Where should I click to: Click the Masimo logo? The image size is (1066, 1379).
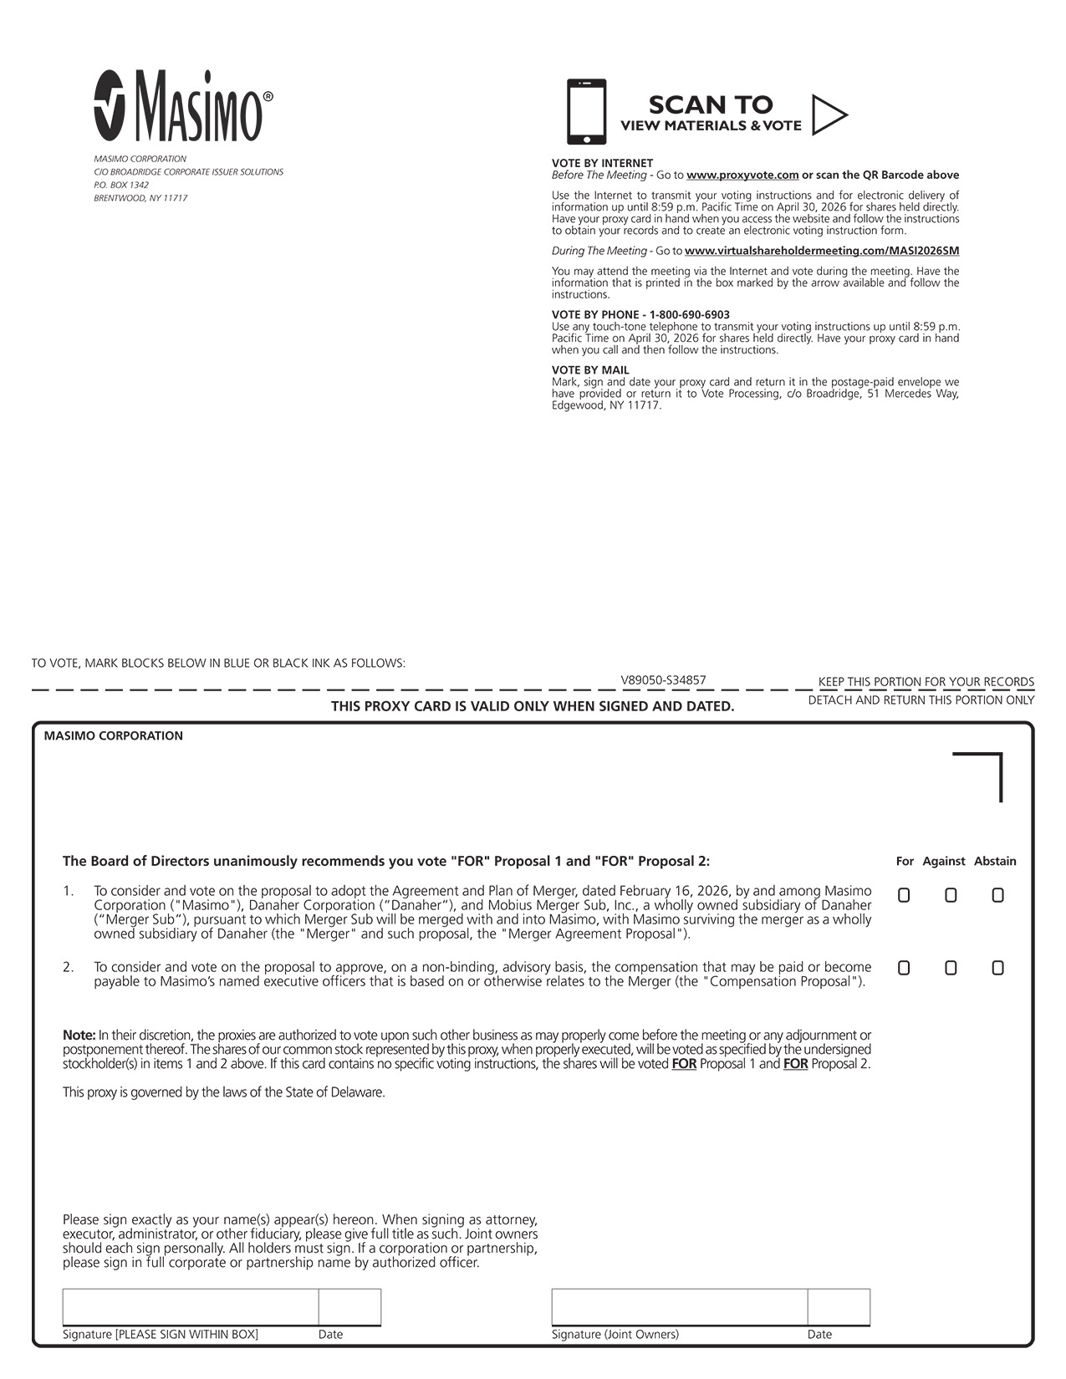coord(182,105)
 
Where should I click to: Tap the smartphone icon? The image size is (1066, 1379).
coord(586,112)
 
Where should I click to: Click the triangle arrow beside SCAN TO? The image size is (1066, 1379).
coord(829,114)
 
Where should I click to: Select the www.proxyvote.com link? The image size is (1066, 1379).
coord(742,176)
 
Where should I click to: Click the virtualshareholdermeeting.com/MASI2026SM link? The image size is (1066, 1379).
coord(822,251)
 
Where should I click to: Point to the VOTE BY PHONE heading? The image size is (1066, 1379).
coord(640,315)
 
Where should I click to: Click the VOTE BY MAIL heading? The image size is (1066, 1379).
coord(590,370)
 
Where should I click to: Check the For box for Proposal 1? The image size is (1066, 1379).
coord(904,895)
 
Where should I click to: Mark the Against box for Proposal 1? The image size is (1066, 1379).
coord(951,895)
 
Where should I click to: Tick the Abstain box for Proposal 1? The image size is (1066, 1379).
coord(997,895)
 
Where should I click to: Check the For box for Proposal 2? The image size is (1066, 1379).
coord(904,968)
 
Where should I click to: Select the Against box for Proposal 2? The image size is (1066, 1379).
coord(951,968)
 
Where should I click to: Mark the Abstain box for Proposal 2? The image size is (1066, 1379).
coord(997,968)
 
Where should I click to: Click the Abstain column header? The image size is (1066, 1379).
coord(995,862)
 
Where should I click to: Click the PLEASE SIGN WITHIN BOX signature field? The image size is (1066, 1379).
coord(191,1307)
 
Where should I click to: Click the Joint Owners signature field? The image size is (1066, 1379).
coord(679,1307)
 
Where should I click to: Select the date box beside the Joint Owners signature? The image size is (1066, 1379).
coord(839,1307)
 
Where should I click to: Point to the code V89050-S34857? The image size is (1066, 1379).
coord(663,680)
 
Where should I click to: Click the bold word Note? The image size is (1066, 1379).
coord(79,1036)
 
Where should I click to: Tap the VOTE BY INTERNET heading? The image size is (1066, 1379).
coord(602,163)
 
